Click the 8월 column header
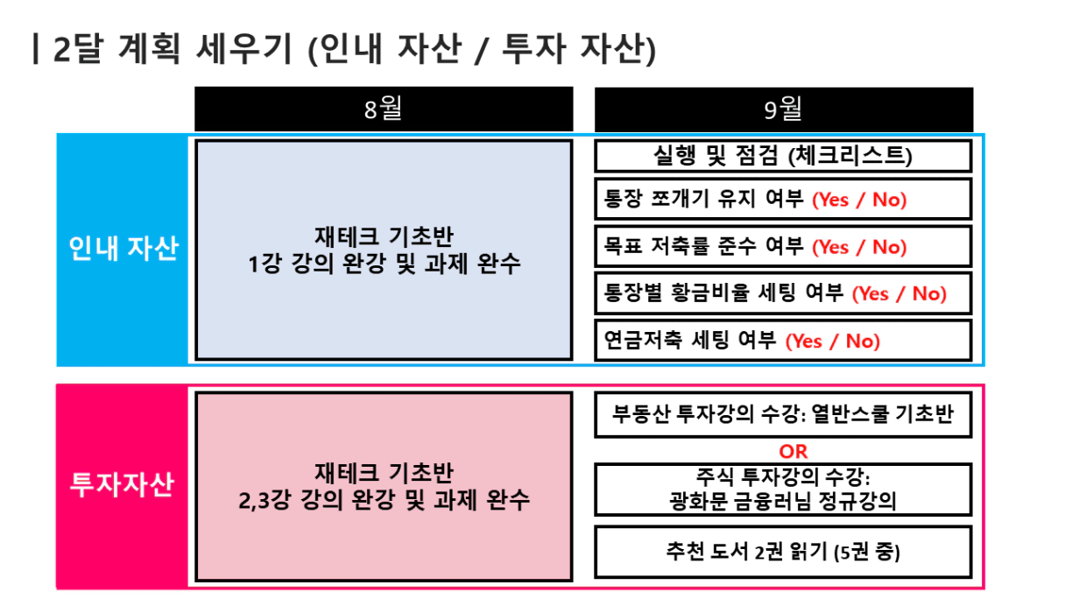pos(384,109)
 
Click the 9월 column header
pos(784,109)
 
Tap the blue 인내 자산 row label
pos(123,248)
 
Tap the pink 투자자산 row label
pos(123,485)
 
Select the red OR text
pos(793,451)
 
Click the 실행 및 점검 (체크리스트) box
pos(783,156)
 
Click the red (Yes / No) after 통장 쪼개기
pos(859,200)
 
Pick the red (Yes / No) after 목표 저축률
pos(859,247)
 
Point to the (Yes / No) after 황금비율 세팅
pos(899,293)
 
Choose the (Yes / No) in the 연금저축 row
pos(833,341)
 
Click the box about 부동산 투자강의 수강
pos(783,414)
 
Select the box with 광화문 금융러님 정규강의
pos(783,490)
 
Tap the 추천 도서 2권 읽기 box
pos(783,552)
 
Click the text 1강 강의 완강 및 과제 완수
pos(384,264)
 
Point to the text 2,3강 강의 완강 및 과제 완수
pos(384,500)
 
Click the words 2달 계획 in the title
pos(117,48)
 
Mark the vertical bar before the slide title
pos(35,48)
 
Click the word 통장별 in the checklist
pos(632,292)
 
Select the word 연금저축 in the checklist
pos(643,341)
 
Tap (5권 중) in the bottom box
pos(867,552)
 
